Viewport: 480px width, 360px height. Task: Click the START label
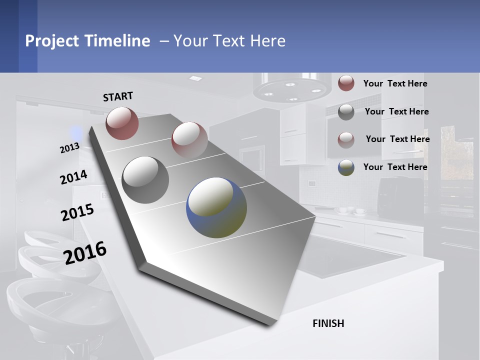coord(118,96)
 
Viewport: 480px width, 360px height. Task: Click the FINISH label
coord(328,323)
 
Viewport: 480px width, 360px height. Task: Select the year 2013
coord(69,148)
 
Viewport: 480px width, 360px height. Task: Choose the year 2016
coord(85,253)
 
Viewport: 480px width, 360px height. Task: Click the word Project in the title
coord(52,41)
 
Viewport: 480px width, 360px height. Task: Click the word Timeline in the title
coord(117,41)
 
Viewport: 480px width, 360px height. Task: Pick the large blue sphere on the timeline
coord(216,207)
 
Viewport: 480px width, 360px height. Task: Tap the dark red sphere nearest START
coord(122,123)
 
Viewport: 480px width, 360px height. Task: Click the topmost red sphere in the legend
coord(346,83)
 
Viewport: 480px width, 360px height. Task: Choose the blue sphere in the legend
coord(346,167)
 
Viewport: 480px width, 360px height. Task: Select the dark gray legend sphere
coord(346,111)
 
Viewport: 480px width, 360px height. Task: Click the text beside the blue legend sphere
coord(395,167)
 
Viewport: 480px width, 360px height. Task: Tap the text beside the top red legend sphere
coord(395,83)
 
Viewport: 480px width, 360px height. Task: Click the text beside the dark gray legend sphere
coord(397,111)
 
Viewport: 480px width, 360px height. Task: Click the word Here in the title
coord(268,41)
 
